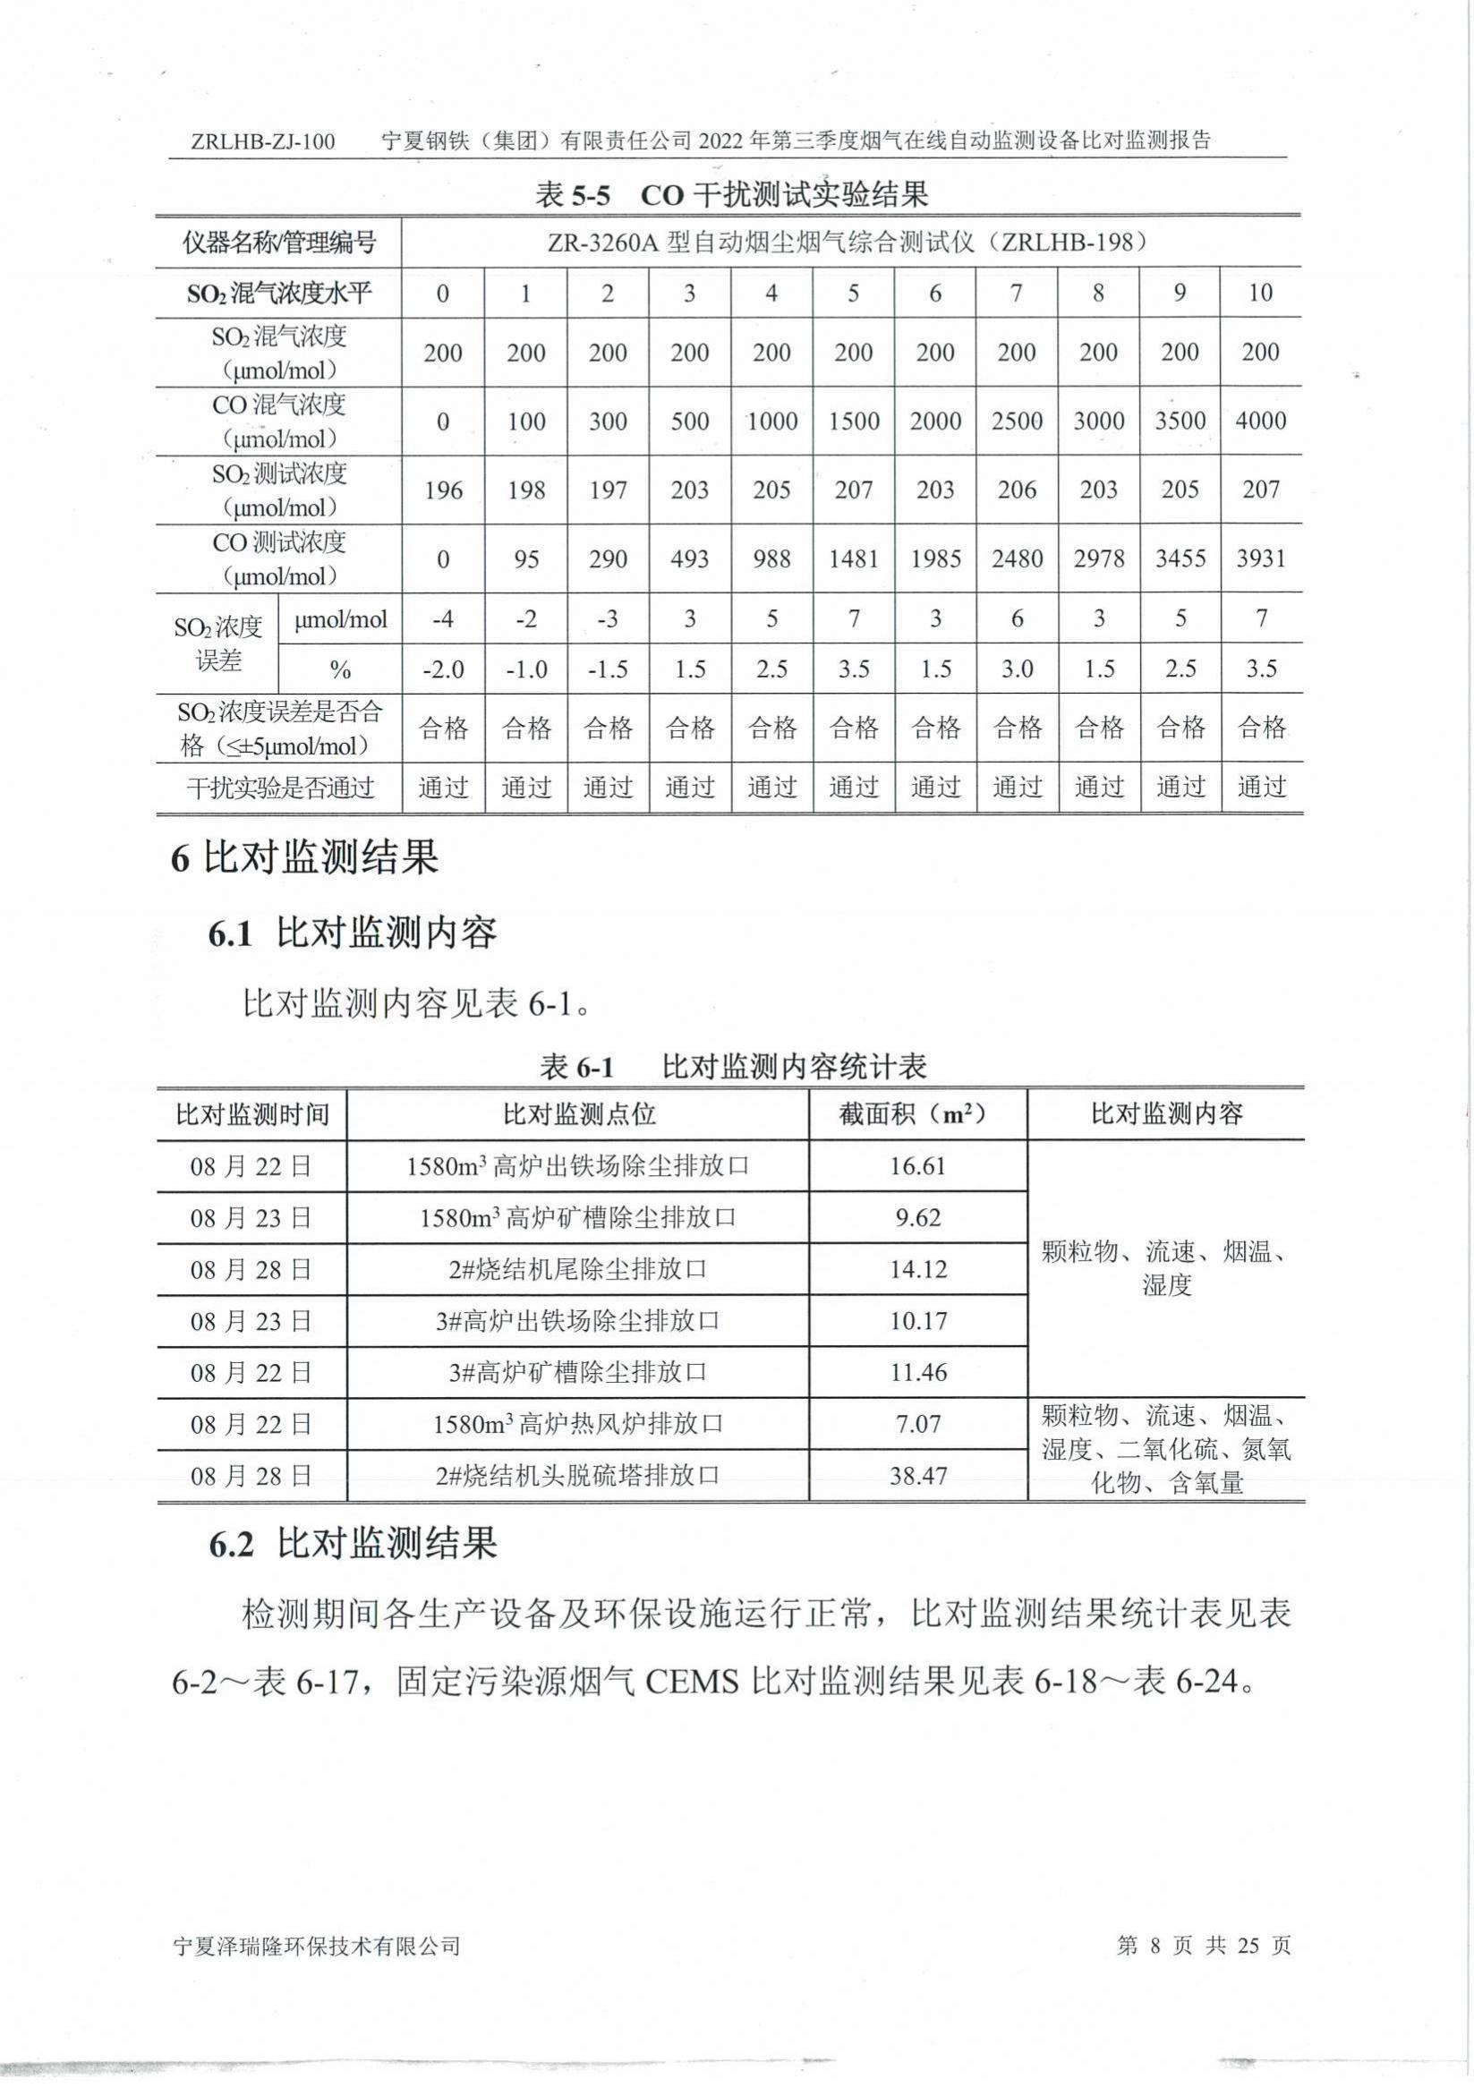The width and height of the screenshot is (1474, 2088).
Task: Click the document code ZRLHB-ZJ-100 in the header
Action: click(263, 141)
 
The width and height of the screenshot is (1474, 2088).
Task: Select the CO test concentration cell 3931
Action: click(1260, 558)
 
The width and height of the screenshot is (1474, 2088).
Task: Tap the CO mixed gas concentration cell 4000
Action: click(1260, 421)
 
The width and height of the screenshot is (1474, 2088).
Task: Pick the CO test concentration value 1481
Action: click(853, 558)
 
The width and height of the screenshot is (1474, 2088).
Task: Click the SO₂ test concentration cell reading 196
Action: click(443, 490)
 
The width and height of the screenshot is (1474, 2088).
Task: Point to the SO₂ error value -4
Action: click(443, 619)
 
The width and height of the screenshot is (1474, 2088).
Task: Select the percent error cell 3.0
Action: click(1017, 669)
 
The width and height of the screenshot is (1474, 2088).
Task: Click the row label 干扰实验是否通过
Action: click(280, 788)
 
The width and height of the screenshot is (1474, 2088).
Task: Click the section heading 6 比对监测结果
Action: click(304, 857)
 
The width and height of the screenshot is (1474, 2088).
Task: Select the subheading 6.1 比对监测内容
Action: click(353, 933)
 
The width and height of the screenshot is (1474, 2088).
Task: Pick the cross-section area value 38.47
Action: click(917, 1475)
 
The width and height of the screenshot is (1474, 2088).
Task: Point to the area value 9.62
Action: click(917, 1218)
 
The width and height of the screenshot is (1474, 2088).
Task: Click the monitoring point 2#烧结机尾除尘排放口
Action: click(577, 1269)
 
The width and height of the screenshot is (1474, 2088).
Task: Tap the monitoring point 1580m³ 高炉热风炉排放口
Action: click(577, 1423)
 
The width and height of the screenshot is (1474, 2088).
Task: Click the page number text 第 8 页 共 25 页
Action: click(1203, 1945)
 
